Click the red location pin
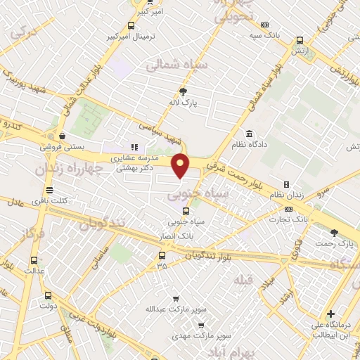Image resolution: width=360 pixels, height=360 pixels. point(181,166)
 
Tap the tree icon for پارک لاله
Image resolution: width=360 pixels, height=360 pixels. point(184,91)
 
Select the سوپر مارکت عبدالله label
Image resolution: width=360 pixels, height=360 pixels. point(191,309)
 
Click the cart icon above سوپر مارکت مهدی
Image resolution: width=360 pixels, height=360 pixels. point(201,326)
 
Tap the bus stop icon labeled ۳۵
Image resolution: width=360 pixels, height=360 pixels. point(162,255)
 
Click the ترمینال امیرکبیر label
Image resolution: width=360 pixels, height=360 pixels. point(148,35)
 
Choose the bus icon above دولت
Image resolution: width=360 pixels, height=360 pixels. point(48,295)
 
